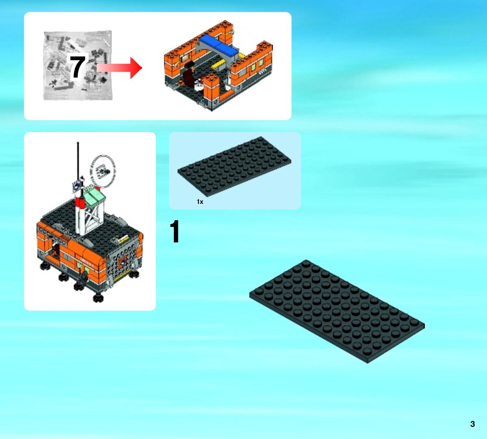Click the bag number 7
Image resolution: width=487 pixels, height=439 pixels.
click(77, 67)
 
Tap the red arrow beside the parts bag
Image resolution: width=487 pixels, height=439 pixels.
click(119, 68)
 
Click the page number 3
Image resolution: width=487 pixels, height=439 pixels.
click(472, 424)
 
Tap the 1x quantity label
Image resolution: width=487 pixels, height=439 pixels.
click(200, 202)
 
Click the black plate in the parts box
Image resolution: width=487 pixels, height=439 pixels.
click(234, 166)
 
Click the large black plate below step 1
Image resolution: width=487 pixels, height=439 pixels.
click(337, 311)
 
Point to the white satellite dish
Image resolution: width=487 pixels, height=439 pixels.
click(102, 171)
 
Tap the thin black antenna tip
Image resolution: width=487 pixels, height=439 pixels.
click(78, 143)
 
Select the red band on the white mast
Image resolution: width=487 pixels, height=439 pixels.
click(80, 203)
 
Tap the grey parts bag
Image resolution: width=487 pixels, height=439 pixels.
click(78, 65)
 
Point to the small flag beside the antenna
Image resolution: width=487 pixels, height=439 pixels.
click(76, 185)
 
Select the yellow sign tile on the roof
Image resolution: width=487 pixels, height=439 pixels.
click(123, 239)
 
